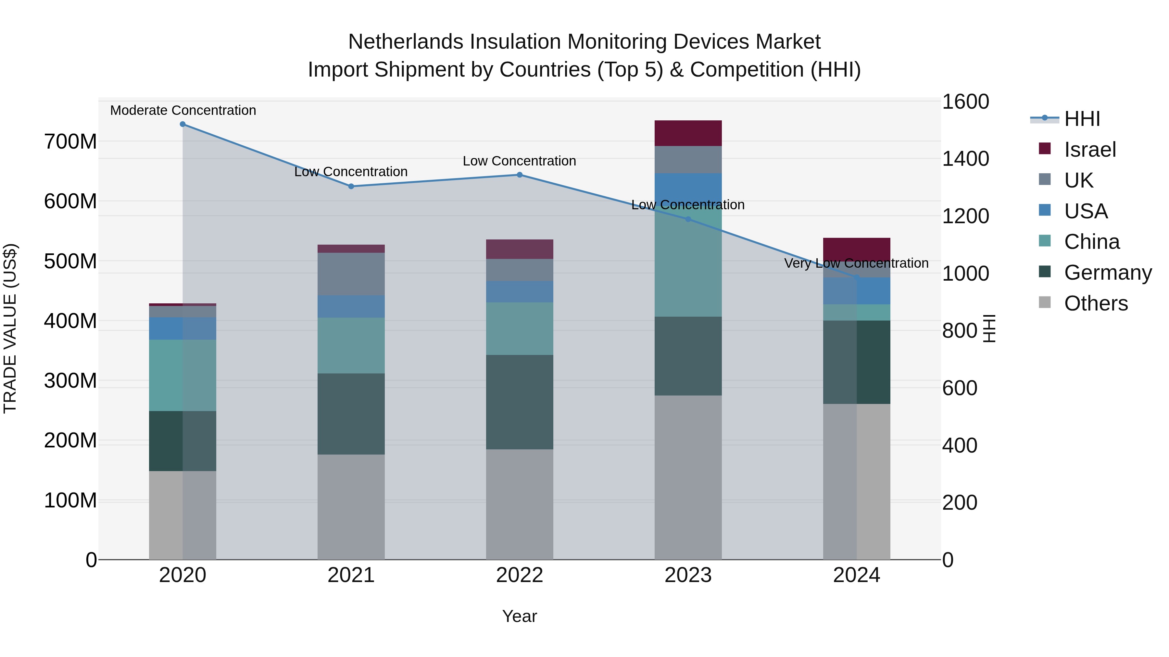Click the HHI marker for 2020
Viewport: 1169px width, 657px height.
pos(182,124)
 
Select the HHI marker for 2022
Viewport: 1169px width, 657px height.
pos(520,175)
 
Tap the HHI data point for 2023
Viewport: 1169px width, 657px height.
pos(688,219)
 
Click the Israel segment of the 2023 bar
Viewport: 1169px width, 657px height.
pos(688,133)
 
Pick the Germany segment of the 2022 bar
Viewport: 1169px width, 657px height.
pos(520,402)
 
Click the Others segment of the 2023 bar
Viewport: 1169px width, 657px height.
pos(688,478)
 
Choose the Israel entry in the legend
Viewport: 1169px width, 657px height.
pos(1089,150)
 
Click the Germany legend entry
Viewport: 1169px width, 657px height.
pos(1108,273)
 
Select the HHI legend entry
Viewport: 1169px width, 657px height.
pos(1082,119)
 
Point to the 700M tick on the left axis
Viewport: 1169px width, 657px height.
pos(70,142)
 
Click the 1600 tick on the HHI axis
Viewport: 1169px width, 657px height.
pos(965,102)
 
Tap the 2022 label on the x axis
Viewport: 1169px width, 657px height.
pos(520,575)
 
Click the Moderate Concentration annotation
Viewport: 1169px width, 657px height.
pos(183,111)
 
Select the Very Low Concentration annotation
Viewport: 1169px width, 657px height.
pos(856,263)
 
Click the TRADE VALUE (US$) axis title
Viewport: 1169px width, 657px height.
pos(10,328)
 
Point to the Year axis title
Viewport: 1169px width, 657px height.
pos(520,616)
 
